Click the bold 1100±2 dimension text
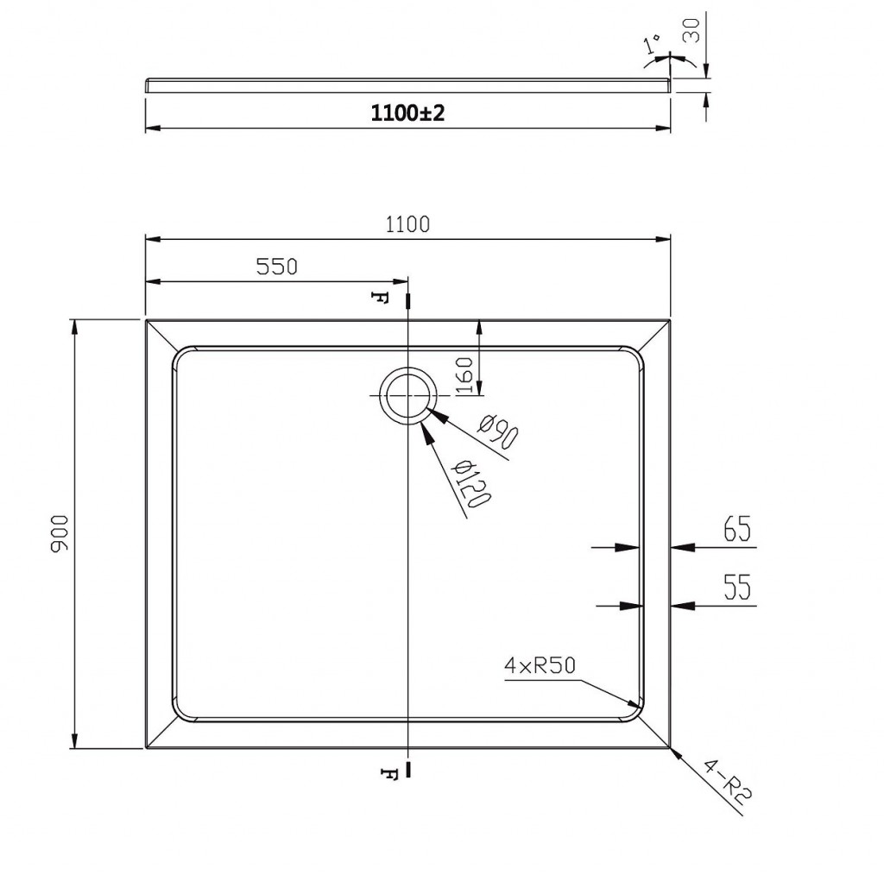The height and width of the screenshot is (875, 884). (407, 113)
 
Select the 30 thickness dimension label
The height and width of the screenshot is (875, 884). (691, 30)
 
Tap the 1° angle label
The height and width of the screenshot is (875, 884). (653, 44)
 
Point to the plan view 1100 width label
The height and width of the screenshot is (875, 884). (407, 225)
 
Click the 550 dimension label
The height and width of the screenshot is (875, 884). (277, 267)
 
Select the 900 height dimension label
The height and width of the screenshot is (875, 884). (60, 533)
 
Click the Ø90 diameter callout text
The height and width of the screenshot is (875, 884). (498, 431)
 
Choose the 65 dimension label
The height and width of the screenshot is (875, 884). (737, 529)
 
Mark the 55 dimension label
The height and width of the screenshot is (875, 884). (737, 588)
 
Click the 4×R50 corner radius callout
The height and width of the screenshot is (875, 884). (540, 666)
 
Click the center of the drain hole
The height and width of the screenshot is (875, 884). (407, 395)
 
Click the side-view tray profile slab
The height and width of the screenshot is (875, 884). (408, 85)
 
